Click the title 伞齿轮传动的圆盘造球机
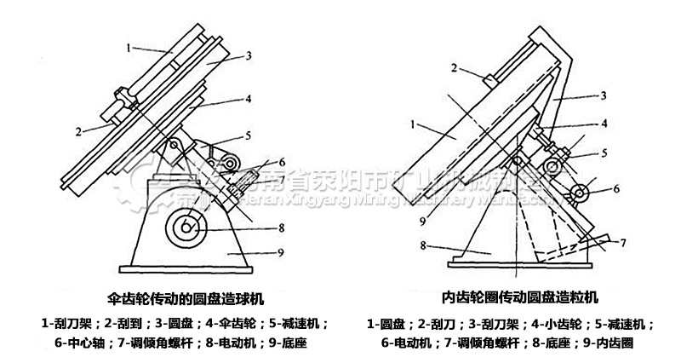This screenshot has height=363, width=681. click(x=187, y=299)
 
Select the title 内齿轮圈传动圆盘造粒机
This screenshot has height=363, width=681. click(x=520, y=299)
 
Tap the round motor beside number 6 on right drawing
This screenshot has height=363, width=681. click(x=581, y=194)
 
